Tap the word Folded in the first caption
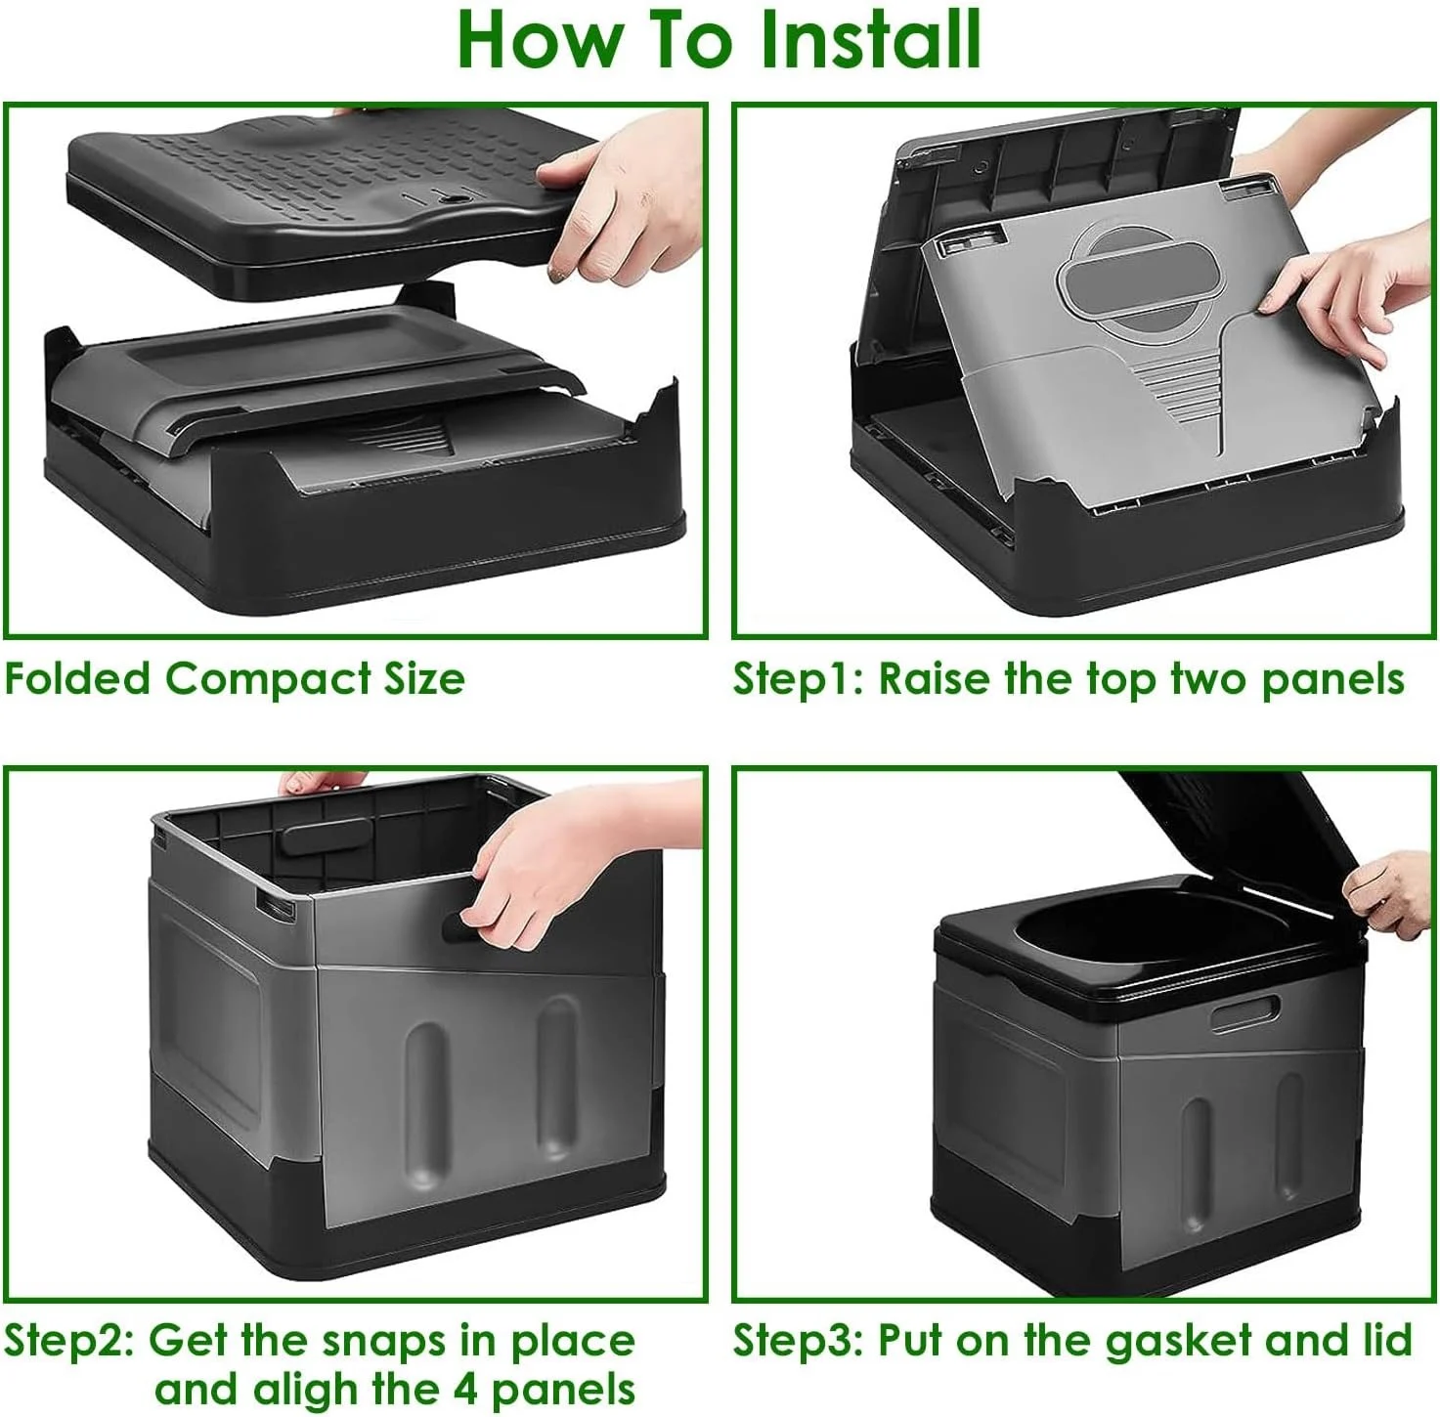[x=77, y=678]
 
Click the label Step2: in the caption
[x=69, y=1342]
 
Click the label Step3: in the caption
[x=798, y=1342]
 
